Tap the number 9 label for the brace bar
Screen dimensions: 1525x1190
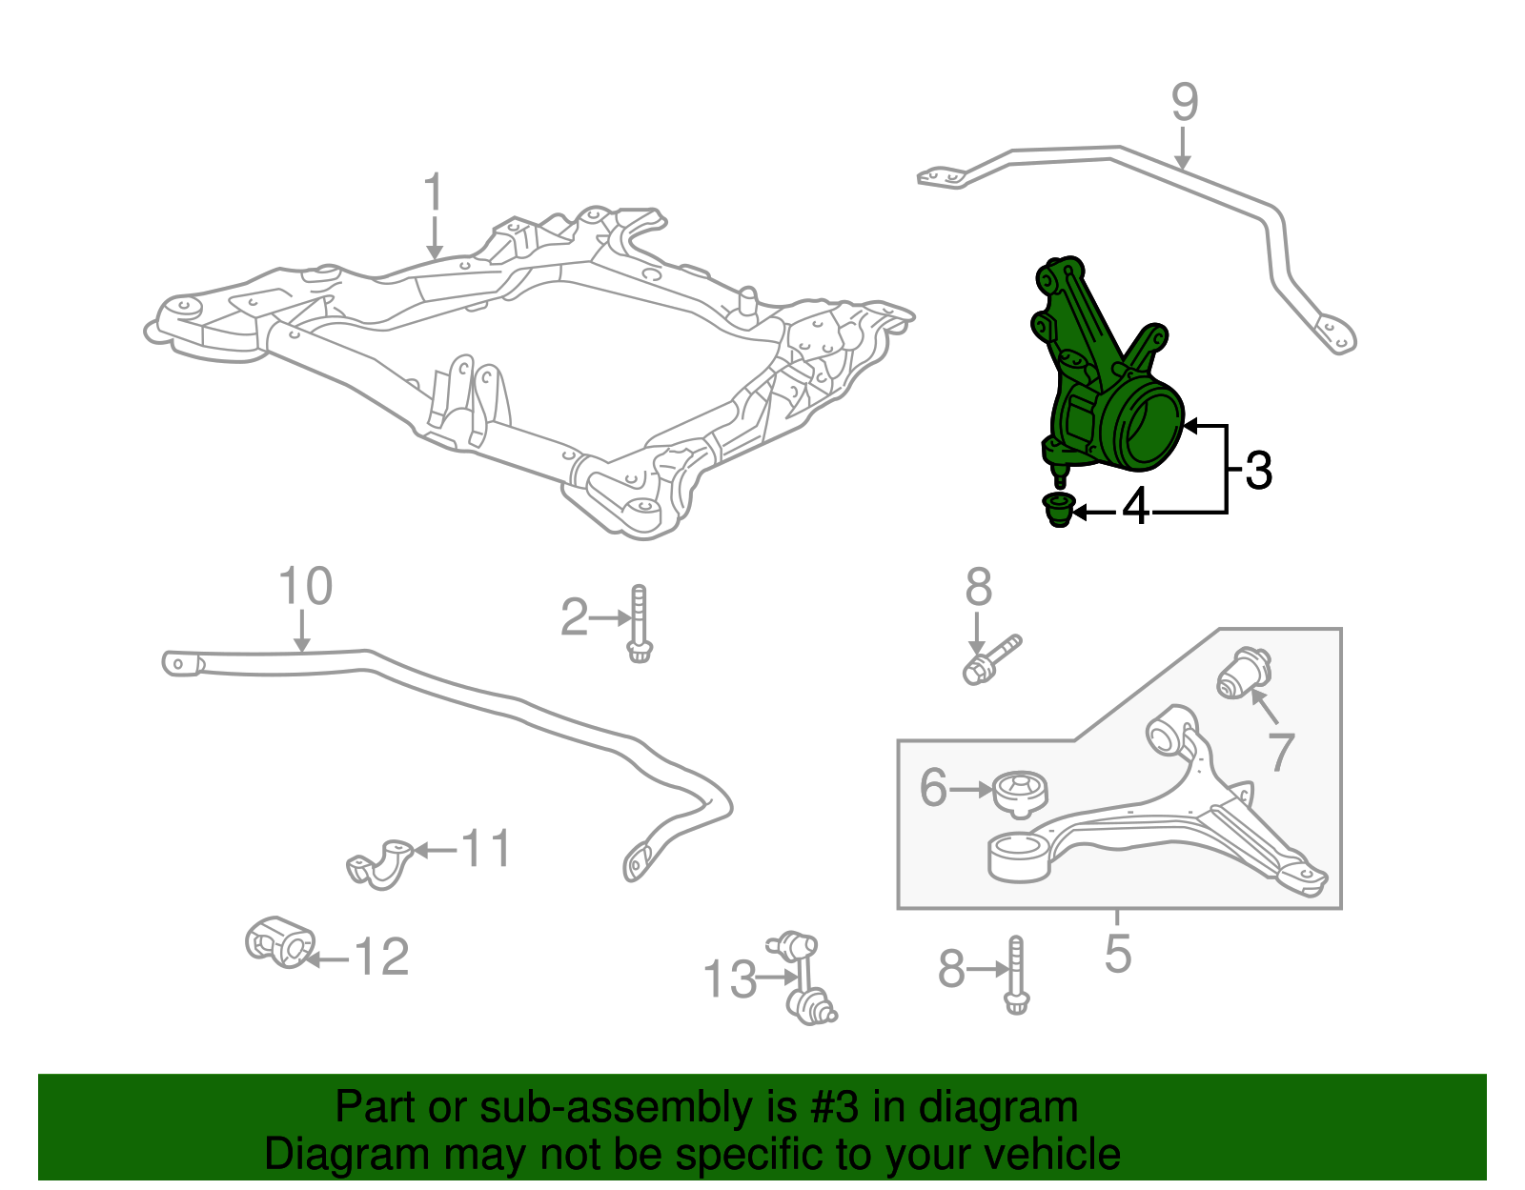click(x=1185, y=102)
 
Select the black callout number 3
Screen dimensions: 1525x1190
click(x=1258, y=471)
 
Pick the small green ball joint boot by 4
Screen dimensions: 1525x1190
click(x=1059, y=509)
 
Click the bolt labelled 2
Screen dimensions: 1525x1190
click(x=639, y=624)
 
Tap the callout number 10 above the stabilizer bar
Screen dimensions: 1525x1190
click(x=305, y=586)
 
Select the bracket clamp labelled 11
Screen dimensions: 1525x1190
click(x=379, y=864)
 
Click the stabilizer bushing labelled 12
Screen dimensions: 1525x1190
click(x=279, y=941)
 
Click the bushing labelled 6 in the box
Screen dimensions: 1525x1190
click(x=1021, y=794)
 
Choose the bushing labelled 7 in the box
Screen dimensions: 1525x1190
click(x=1244, y=674)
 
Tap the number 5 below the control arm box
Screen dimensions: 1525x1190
click(x=1118, y=953)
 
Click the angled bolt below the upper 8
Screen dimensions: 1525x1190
click(x=991, y=660)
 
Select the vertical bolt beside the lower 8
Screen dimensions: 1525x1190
click(x=1016, y=976)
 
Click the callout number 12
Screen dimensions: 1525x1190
click(x=382, y=957)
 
